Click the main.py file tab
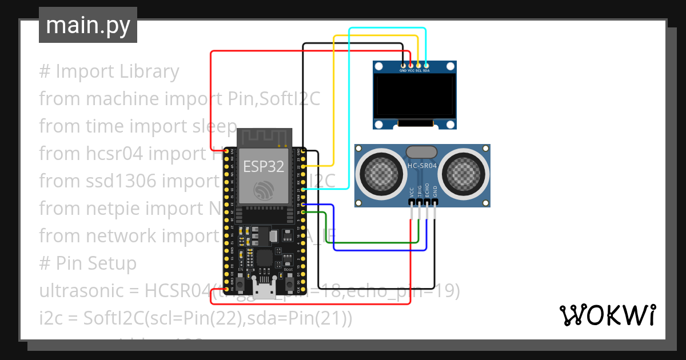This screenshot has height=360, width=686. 87,25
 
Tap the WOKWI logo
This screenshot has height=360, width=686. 607,315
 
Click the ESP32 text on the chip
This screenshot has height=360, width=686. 263,166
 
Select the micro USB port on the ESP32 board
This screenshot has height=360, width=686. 264,291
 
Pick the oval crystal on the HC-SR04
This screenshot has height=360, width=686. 422,151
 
